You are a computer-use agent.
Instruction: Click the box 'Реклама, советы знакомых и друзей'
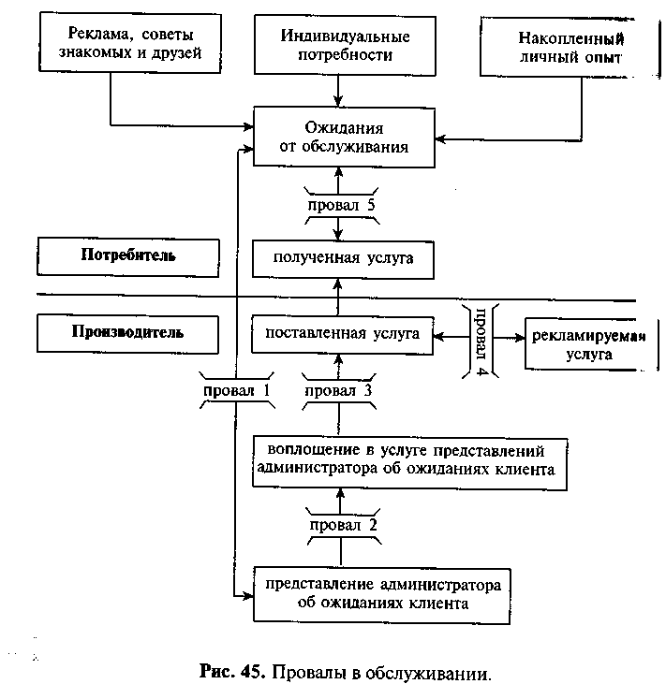tap(130, 42)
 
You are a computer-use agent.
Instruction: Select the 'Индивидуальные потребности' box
tap(345, 45)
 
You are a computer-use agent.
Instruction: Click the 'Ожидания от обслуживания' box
tap(344, 137)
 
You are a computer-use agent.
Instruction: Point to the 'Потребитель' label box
tap(128, 257)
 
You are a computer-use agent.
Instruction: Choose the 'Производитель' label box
tap(127, 334)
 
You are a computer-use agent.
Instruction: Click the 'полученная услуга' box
tap(343, 259)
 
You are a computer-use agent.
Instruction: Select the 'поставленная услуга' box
tap(343, 335)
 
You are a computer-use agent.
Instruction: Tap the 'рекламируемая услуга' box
tap(591, 344)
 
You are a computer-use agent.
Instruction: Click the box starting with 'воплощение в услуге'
tap(410, 463)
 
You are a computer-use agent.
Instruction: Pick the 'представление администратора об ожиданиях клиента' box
tap(381, 595)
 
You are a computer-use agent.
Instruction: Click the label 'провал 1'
tap(237, 390)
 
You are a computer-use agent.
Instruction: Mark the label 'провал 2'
tap(343, 525)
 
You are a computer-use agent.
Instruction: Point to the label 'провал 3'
tap(338, 390)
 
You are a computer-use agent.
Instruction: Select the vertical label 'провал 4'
tap(481, 342)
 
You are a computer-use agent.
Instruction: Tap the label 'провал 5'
tap(342, 205)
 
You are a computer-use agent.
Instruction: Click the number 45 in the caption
tap(253, 671)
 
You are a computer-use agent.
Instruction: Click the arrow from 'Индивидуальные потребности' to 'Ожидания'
tap(338, 91)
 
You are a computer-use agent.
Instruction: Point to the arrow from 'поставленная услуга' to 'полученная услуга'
tap(337, 298)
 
